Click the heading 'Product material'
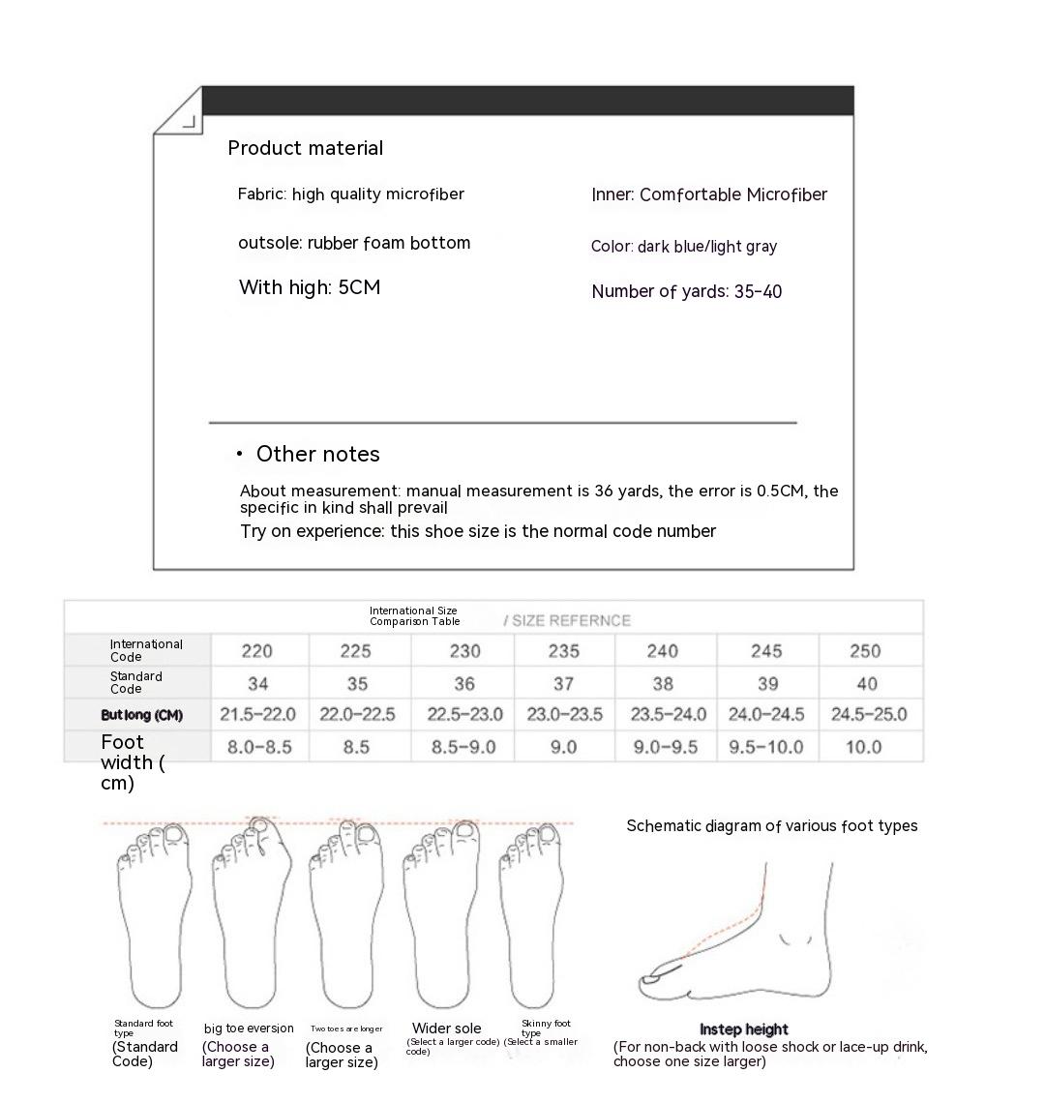(x=306, y=148)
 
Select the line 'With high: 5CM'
(x=310, y=287)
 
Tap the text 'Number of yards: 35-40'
(x=687, y=291)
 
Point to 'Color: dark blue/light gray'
(x=684, y=246)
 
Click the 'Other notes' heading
(x=317, y=454)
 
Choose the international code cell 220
(x=257, y=651)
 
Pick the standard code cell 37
(x=564, y=684)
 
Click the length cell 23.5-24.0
(x=664, y=715)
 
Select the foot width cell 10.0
(x=863, y=747)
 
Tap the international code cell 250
(x=865, y=651)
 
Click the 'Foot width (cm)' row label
(x=133, y=762)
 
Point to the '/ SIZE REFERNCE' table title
(x=567, y=620)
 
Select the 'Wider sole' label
(x=446, y=1028)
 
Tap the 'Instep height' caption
(x=744, y=1029)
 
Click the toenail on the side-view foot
(x=653, y=978)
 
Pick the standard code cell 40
(x=867, y=684)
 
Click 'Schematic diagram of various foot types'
(x=772, y=825)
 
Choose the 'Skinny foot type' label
(x=546, y=1028)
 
